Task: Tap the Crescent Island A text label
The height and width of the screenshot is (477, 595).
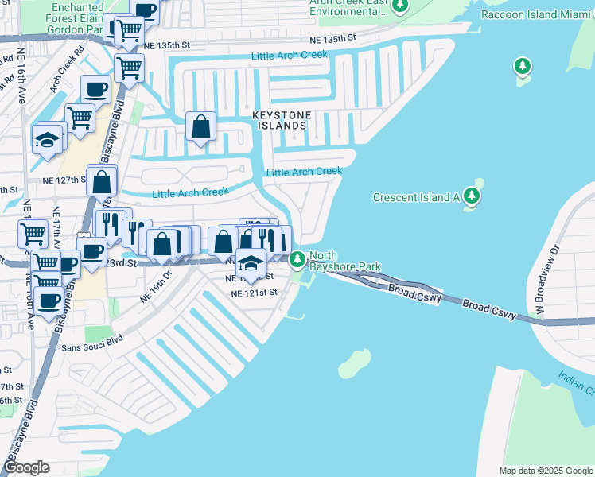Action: point(416,197)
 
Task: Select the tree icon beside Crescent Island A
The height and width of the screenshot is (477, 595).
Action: point(472,196)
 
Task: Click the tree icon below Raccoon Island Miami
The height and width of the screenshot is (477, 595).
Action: point(523,65)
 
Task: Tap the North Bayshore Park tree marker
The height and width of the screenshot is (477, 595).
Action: point(297,259)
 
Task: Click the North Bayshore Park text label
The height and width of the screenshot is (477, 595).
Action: point(344,261)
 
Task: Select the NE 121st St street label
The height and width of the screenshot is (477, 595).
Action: point(254,293)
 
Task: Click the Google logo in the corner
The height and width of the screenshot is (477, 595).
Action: point(26,467)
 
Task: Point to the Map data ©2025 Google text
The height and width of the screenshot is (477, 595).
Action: point(545,471)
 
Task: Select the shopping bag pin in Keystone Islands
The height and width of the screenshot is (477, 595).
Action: point(201,126)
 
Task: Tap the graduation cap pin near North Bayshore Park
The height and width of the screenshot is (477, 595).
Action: point(251,263)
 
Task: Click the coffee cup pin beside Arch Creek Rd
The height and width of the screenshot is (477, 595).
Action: point(95,90)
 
